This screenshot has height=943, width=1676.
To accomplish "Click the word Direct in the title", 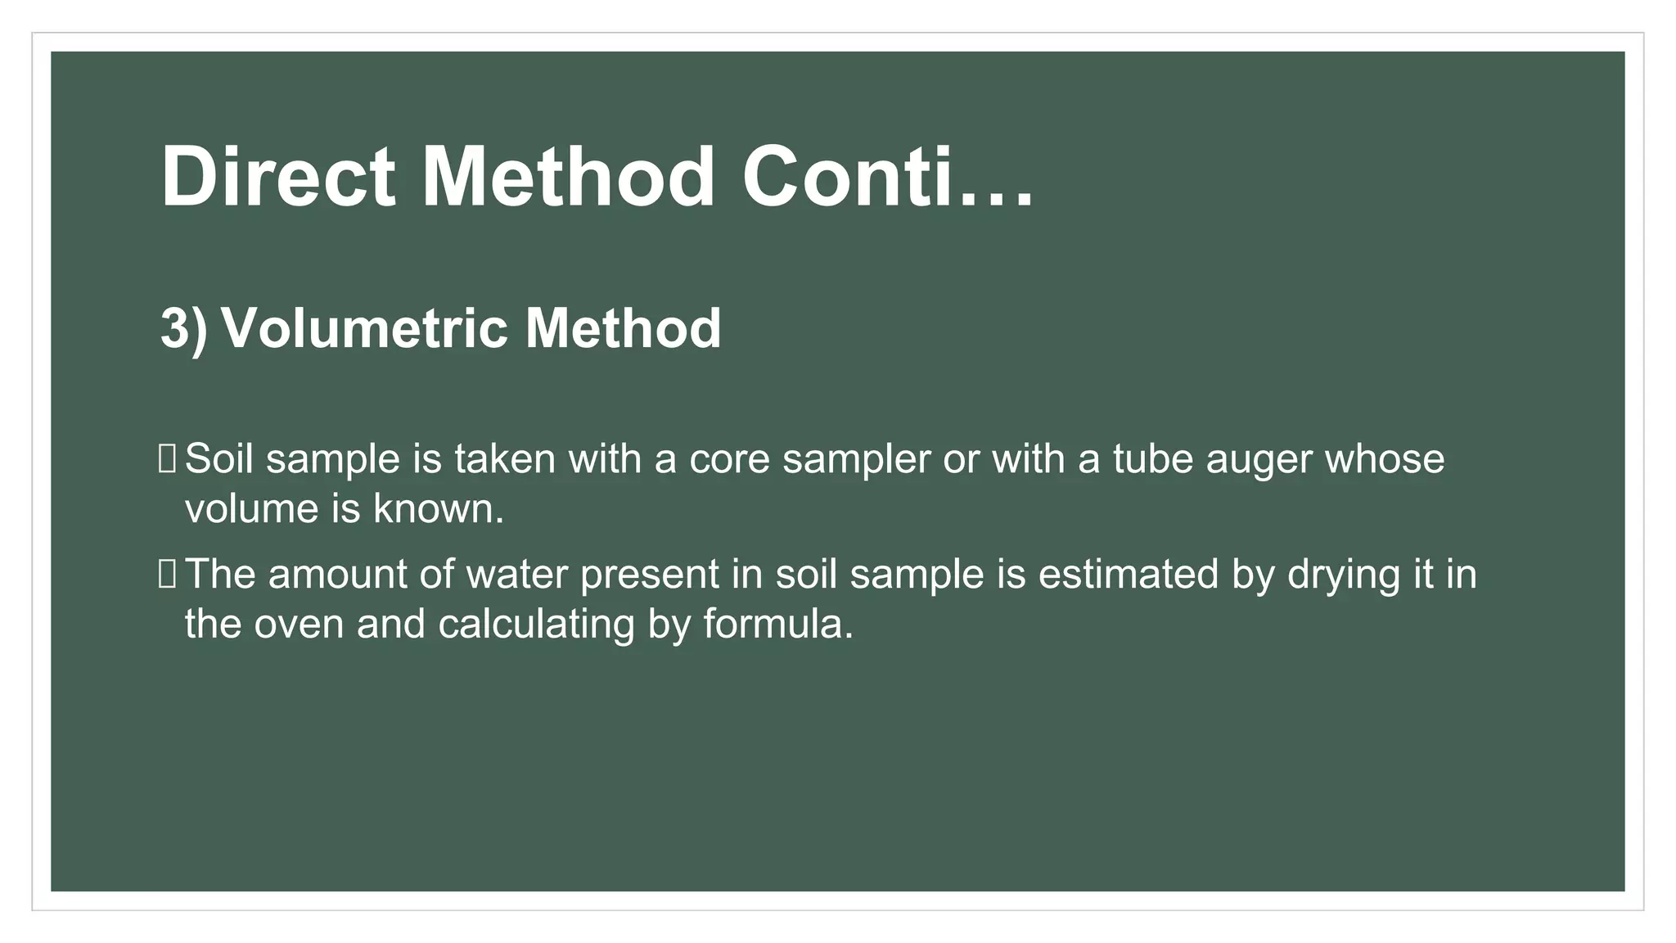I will (278, 178).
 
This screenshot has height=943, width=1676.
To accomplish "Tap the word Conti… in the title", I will (887, 178).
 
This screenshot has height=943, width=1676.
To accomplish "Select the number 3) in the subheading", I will (183, 329).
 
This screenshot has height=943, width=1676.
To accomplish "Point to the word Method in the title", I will (568, 178).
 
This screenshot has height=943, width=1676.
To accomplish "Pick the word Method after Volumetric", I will (623, 329).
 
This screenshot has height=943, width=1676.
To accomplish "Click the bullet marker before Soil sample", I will (167, 458).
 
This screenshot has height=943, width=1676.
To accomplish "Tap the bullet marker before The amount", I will (167, 574).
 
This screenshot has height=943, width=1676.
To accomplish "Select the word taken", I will (505, 458).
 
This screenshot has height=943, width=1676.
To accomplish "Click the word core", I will (729, 458).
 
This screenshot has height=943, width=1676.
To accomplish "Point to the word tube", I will (1147, 458).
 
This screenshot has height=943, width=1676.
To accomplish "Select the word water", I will (516, 574).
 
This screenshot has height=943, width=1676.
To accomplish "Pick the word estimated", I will (1129, 574).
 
